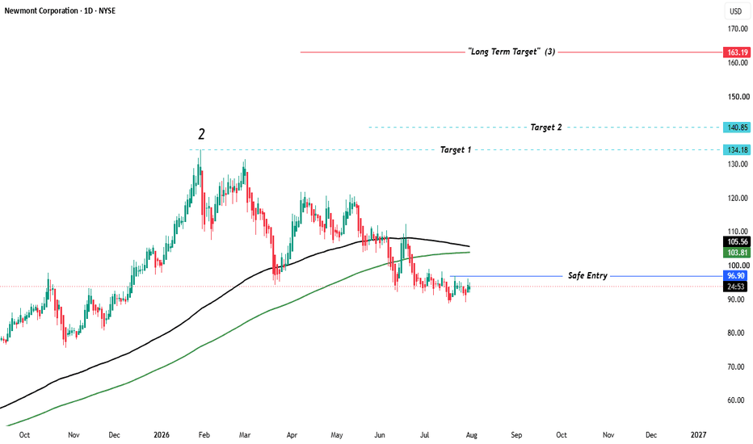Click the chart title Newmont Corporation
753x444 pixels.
point(41,10)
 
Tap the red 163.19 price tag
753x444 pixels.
point(737,52)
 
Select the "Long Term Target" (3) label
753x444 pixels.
point(512,52)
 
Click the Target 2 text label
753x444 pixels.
point(546,128)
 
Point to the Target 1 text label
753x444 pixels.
point(456,150)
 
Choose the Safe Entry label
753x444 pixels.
point(588,275)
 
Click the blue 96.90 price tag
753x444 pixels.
point(735,275)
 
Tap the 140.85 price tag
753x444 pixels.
point(737,128)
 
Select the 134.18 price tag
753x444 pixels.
point(737,150)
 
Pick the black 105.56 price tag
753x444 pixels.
point(737,241)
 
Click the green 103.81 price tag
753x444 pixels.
point(737,253)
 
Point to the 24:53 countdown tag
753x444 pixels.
point(735,287)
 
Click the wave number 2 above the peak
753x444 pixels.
point(201,134)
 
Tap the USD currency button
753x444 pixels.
point(735,11)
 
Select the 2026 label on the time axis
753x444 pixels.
point(162,435)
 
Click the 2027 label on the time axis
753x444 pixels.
point(698,435)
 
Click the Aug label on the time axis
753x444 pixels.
point(472,435)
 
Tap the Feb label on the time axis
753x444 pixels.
point(204,435)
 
